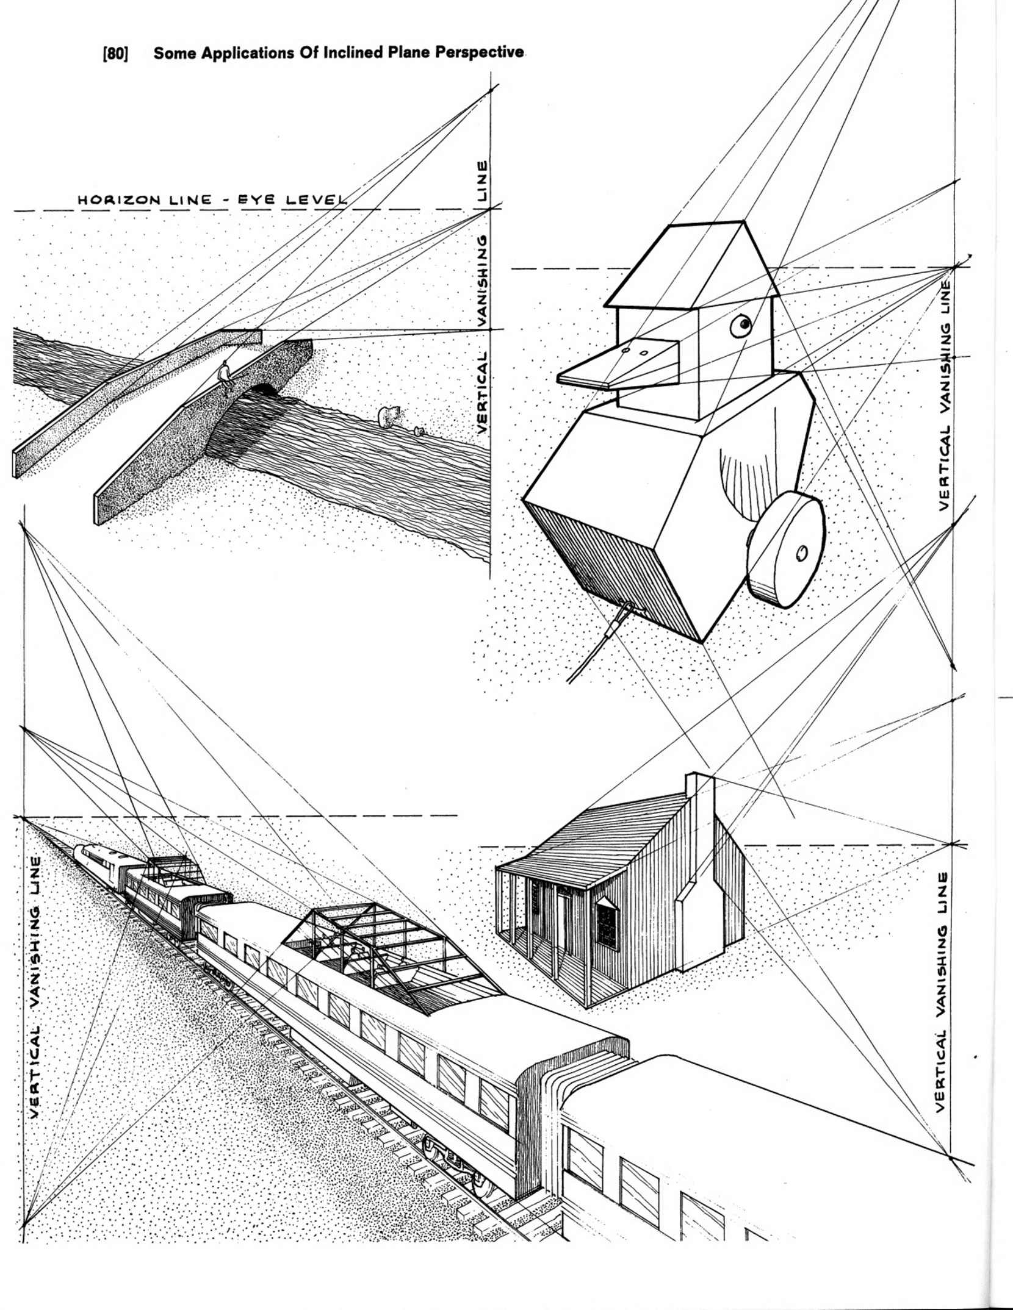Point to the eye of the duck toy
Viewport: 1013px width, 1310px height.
coord(742,324)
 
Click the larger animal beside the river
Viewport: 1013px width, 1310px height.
coord(386,416)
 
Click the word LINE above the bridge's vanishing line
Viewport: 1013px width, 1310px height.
coord(483,181)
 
